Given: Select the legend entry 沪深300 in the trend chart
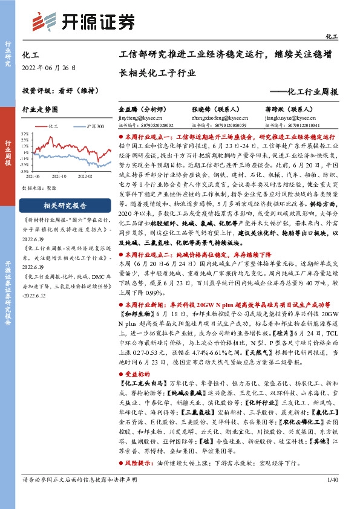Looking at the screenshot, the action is click(x=94, y=127).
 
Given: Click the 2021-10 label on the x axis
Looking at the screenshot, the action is click(x=59, y=175).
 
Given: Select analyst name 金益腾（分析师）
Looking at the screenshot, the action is click(x=142, y=111).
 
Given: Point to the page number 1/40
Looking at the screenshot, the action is click(x=331, y=497).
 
